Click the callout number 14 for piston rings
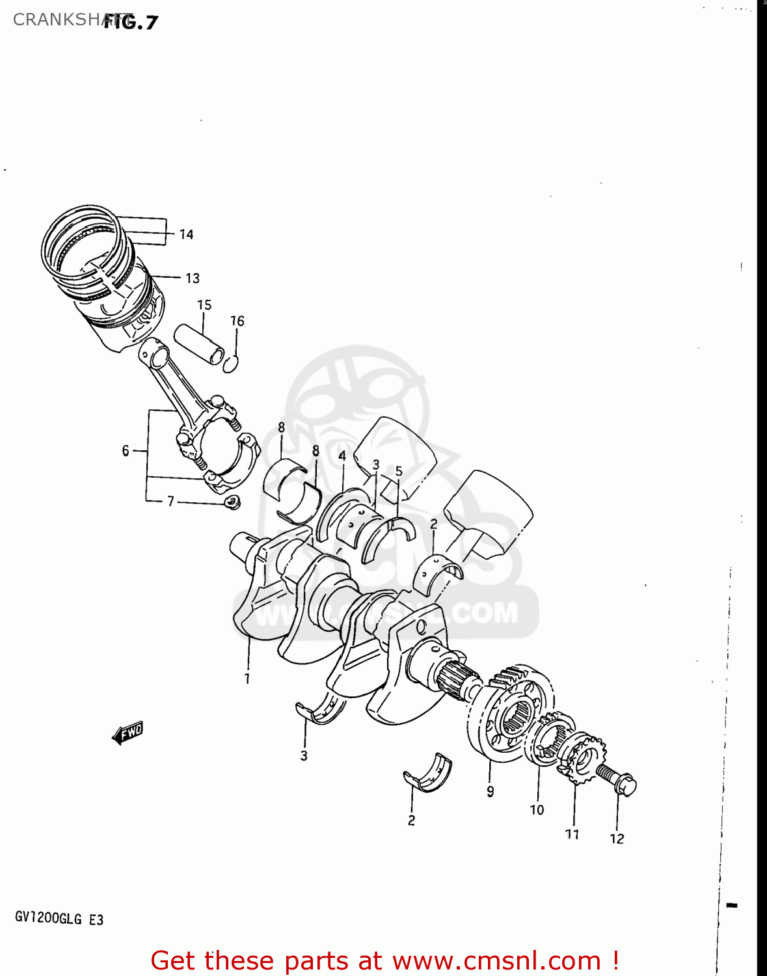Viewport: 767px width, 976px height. click(186, 235)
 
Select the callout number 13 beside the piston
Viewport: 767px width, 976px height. click(192, 278)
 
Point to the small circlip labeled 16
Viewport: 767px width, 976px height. click(231, 364)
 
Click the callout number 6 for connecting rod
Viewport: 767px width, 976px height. click(126, 451)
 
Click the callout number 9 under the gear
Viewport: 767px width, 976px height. click(490, 791)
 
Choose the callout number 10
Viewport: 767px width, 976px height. click(537, 810)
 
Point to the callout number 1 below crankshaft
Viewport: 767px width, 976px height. click(247, 679)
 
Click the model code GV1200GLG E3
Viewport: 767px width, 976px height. click(59, 919)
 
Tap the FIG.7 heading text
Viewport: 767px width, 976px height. click(131, 22)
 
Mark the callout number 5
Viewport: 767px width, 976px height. click(399, 471)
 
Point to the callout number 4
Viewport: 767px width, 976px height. click(342, 456)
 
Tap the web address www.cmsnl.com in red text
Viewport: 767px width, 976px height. click(496, 960)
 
